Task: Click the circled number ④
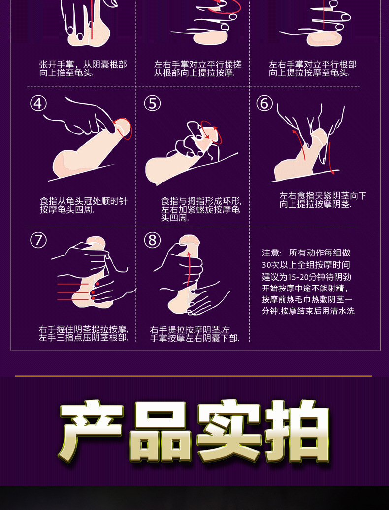[x=38, y=104]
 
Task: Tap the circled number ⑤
[x=152, y=104]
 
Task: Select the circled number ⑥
[x=264, y=104]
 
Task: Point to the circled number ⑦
[x=38, y=240]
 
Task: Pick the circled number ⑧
[x=152, y=240]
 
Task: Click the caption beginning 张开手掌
[x=83, y=69]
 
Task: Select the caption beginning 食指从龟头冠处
[x=83, y=205]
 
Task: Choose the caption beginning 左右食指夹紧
[x=323, y=200]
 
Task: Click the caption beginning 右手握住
[x=83, y=333]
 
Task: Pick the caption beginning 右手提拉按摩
[x=194, y=334]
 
